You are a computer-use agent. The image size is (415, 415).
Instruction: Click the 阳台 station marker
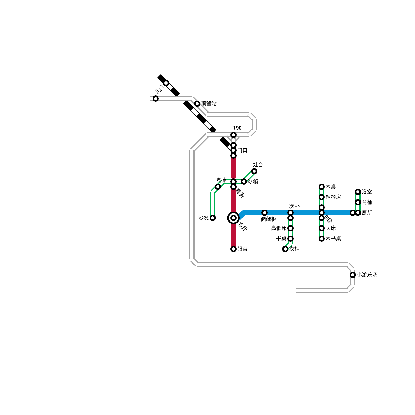(x=233, y=249)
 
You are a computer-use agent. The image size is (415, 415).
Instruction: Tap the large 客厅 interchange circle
(x=233, y=218)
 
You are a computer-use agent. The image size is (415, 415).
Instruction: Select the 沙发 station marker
(x=213, y=218)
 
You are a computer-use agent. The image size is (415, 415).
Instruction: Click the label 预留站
(x=209, y=104)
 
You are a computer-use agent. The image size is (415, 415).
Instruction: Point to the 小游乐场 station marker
(x=353, y=275)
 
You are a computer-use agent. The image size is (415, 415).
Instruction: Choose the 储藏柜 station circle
(x=265, y=213)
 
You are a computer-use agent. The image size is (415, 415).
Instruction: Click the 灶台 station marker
(x=254, y=171)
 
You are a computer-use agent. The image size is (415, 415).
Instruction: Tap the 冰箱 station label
(x=253, y=182)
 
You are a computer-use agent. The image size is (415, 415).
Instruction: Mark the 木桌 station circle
(x=322, y=187)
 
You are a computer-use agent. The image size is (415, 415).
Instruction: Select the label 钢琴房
(x=333, y=197)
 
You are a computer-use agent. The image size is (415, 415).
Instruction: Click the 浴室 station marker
(x=358, y=192)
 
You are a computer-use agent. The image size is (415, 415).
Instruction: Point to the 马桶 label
(x=367, y=202)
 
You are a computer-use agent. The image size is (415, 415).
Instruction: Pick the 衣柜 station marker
(x=285, y=249)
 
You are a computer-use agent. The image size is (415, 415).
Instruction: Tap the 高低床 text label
(x=279, y=228)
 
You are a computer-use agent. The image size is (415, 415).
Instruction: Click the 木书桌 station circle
(x=322, y=239)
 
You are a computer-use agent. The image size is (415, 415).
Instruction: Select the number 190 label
(x=237, y=128)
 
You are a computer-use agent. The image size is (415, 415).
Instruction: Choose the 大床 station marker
(x=322, y=228)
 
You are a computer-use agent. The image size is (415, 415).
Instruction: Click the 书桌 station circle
(x=290, y=239)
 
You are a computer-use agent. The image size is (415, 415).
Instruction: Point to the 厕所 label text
(x=367, y=213)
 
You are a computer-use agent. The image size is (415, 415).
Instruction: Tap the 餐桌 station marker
(x=218, y=187)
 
